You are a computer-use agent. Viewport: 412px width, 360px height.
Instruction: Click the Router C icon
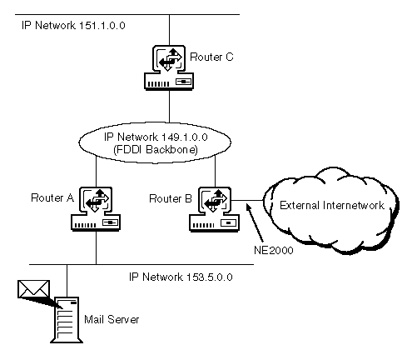[169, 67]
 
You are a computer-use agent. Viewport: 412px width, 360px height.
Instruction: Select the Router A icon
[96, 209]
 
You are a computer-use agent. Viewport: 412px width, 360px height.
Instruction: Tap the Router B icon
[214, 209]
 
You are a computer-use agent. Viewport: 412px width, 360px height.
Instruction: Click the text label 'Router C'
[211, 57]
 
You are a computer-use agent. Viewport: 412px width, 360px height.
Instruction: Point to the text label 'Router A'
[52, 198]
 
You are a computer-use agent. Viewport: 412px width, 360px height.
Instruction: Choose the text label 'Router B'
[171, 198]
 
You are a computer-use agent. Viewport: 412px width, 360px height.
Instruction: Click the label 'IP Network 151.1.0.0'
[73, 26]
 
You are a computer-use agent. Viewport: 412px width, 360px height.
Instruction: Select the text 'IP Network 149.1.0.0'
[156, 137]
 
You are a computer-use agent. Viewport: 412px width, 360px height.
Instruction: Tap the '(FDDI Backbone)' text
[156, 150]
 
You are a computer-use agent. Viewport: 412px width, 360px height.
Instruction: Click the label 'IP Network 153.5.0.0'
[181, 277]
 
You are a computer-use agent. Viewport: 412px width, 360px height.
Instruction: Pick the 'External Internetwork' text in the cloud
[332, 205]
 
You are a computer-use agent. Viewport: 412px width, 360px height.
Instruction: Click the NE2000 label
[274, 250]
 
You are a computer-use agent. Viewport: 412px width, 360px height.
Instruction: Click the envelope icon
[33, 289]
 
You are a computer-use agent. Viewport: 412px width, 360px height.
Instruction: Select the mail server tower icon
[67, 320]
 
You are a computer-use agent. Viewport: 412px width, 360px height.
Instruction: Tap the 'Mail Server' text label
[112, 319]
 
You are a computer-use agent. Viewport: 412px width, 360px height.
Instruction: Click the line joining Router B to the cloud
[247, 200]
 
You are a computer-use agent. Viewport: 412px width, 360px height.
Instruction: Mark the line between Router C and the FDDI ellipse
[169, 106]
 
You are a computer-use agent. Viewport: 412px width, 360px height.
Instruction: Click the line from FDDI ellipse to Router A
[96, 172]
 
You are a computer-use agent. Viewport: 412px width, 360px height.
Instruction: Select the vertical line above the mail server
[67, 281]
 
